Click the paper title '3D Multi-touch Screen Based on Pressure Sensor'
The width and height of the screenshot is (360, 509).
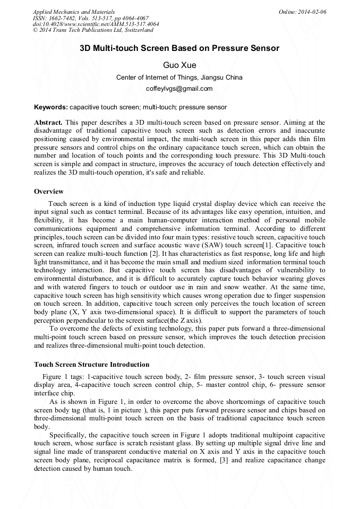(x=179, y=48)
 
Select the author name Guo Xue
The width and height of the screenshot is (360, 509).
(x=179, y=65)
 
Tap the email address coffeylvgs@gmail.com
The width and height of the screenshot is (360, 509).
(x=179, y=89)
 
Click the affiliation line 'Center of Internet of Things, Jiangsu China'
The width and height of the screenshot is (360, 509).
(x=179, y=77)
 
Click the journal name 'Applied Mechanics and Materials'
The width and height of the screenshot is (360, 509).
(x=73, y=12)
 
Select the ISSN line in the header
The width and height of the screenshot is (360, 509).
(x=90, y=18)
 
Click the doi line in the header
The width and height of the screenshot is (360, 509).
(x=96, y=24)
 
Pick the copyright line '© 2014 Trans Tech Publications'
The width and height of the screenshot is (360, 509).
(x=93, y=30)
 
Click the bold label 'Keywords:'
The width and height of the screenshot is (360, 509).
(x=51, y=107)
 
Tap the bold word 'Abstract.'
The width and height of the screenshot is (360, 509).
(x=48, y=122)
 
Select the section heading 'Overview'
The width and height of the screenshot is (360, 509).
(x=49, y=191)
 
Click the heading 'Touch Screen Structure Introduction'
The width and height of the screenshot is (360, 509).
(x=91, y=365)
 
